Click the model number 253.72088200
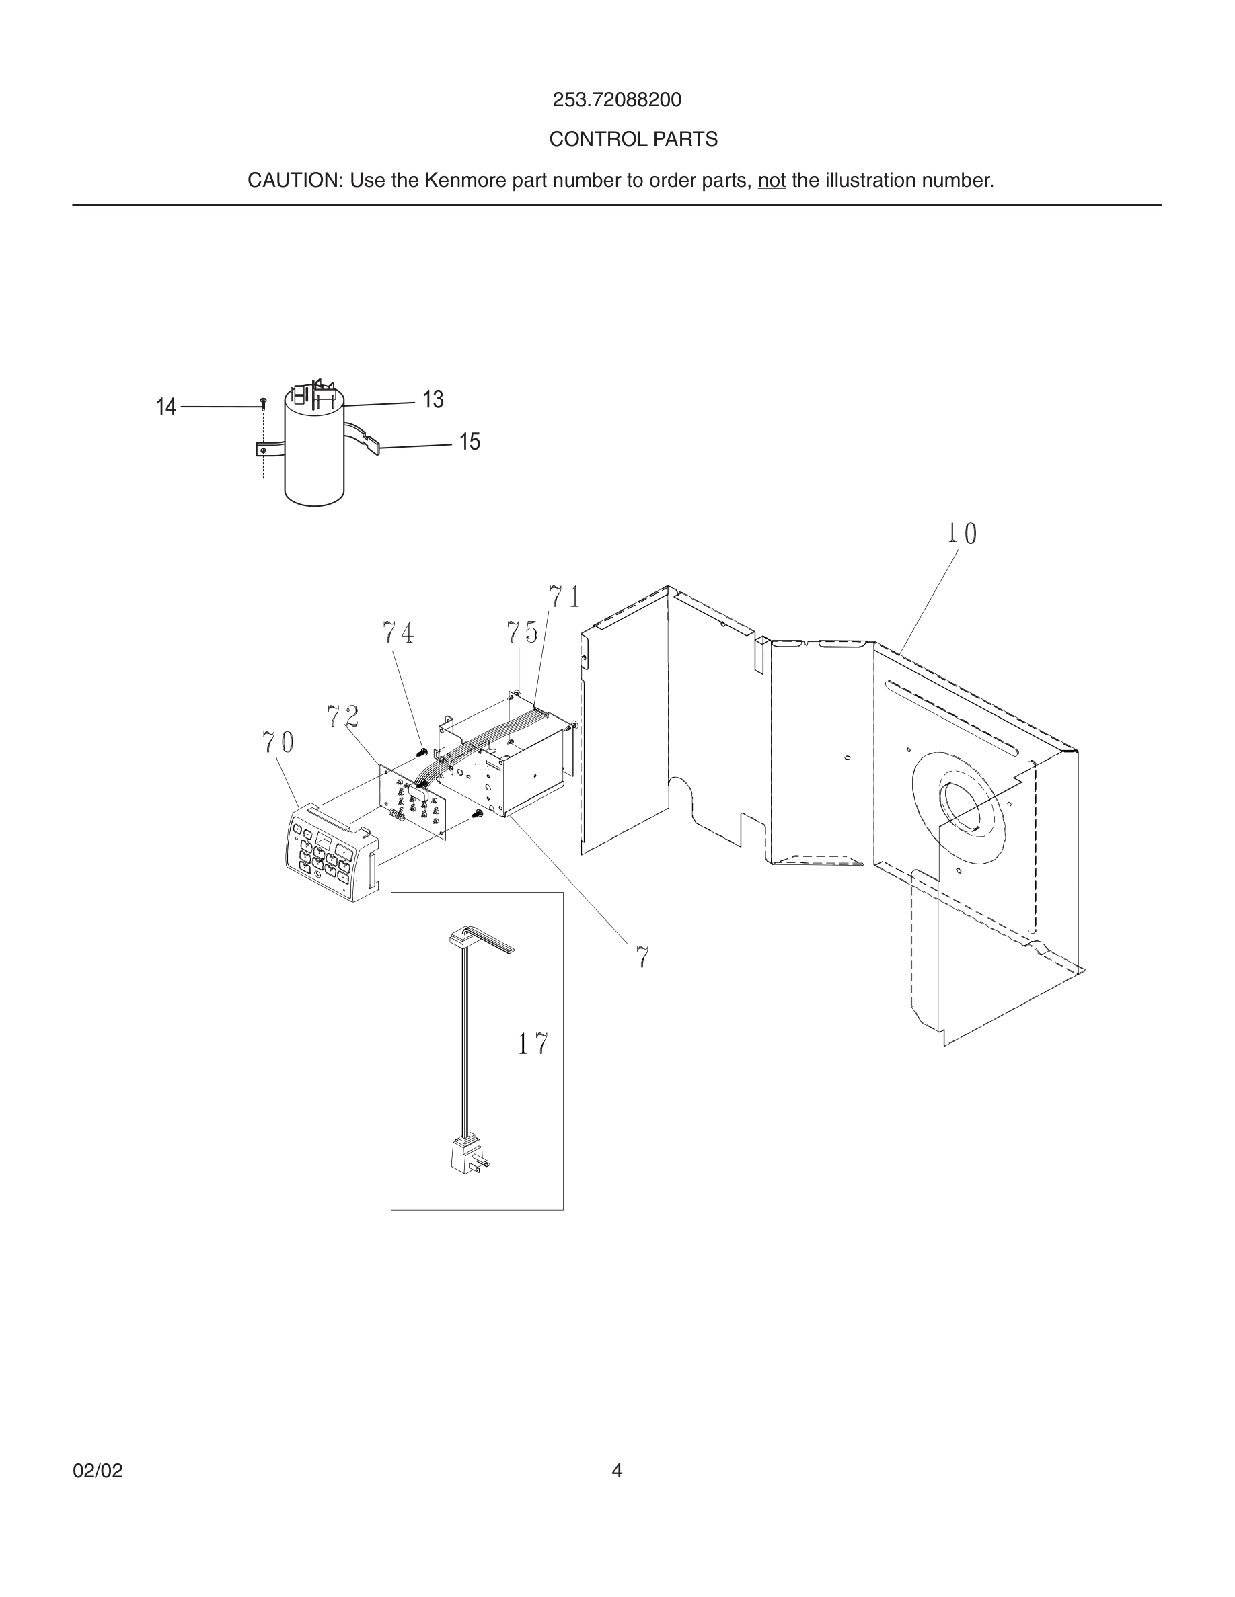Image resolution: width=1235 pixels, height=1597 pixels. (616, 99)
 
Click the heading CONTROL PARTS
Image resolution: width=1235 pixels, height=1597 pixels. (633, 139)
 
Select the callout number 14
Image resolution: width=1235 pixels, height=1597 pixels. (166, 407)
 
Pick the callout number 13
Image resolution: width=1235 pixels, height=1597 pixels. (433, 399)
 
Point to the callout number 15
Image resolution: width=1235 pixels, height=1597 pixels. (469, 442)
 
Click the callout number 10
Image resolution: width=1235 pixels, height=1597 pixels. (961, 534)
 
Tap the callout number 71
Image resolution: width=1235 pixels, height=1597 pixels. (565, 598)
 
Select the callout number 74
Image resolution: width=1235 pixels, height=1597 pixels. (398, 632)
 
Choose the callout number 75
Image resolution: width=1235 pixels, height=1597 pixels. (522, 632)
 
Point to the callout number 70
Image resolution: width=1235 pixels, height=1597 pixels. (278, 743)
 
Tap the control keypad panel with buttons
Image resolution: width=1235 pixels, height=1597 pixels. (329, 854)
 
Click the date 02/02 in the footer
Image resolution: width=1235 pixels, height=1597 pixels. (98, 1471)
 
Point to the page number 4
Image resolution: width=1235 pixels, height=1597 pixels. (617, 1471)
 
